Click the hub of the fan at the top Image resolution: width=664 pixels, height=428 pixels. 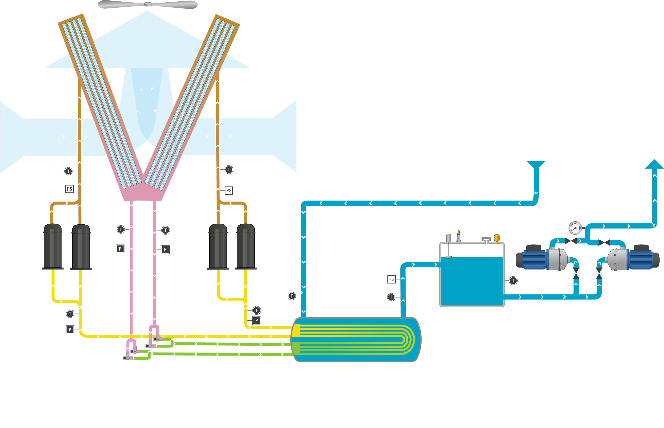tap(148, 4)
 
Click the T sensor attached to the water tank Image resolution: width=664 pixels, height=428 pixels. tap(513, 280)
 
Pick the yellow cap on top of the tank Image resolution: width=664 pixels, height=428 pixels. tap(497, 238)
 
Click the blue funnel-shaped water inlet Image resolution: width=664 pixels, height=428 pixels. tap(536, 164)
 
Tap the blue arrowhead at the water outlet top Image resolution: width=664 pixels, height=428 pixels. tap(654, 164)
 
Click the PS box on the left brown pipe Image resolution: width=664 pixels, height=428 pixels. tap(69, 189)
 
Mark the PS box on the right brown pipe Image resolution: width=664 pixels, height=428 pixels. tap(228, 191)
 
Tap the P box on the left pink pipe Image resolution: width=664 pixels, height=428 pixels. tap(120, 249)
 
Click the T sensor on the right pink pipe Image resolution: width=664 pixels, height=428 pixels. tap(166, 230)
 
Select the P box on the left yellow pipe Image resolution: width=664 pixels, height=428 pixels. tap(70, 330)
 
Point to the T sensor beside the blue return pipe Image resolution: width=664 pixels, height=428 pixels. tap(292, 296)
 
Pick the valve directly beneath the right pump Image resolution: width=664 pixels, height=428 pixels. tap(599, 273)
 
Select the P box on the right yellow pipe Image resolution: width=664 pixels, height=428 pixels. tap(256, 321)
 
